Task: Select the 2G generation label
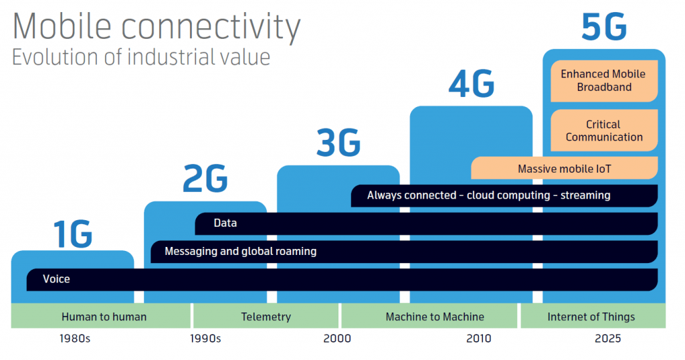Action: tap(205, 181)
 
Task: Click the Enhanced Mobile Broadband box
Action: tap(603, 80)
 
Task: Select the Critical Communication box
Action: tap(603, 130)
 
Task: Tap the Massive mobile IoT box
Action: tap(564, 169)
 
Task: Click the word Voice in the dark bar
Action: tap(56, 279)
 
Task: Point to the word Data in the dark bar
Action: tap(225, 223)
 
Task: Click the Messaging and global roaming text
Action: tap(240, 252)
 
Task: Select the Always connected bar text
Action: tap(488, 195)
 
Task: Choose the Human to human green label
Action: tap(104, 317)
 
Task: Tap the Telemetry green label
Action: tap(266, 317)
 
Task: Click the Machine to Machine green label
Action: tap(435, 317)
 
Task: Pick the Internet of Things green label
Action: tap(591, 317)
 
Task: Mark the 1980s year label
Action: tap(74, 339)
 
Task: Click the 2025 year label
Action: tap(607, 339)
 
